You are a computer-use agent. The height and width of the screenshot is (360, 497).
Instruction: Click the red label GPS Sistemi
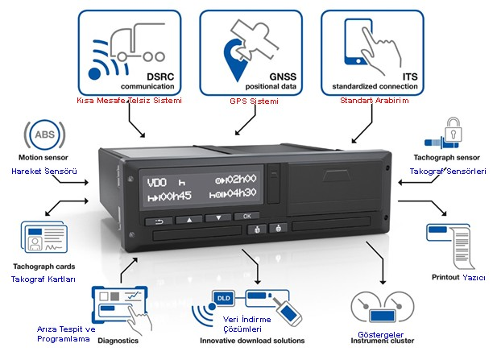click(255, 101)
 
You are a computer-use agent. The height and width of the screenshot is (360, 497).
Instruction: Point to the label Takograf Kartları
click(43, 279)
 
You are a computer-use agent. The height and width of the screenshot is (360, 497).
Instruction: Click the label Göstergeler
click(380, 334)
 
